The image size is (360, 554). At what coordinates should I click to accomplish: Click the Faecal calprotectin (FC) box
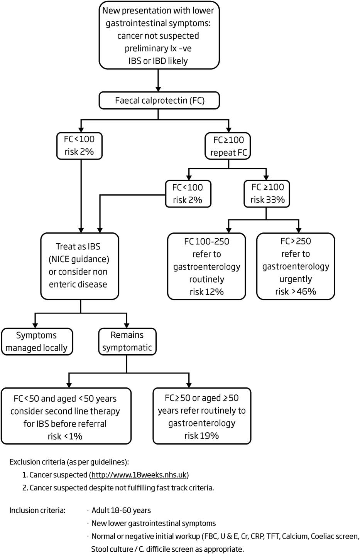tap(159, 101)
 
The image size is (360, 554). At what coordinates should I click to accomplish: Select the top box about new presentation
tap(159, 35)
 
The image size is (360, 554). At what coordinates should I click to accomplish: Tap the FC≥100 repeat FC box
tap(228, 146)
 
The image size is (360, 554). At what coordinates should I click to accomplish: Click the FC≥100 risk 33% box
tap(267, 194)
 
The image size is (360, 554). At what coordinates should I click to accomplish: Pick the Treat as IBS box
tap(79, 266)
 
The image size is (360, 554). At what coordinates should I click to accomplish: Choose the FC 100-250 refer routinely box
tap(206, 266)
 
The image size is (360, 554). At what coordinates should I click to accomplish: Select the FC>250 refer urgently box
tap(296, 266)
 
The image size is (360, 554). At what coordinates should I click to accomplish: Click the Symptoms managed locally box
tap(37, 342)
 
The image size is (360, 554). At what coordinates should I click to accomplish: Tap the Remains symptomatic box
tap(127, 342)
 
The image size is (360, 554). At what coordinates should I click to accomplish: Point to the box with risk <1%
tap(66, 417)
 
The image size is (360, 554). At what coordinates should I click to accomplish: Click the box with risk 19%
tap(201, 416)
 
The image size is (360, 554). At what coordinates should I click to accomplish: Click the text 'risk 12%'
tap(206, 292)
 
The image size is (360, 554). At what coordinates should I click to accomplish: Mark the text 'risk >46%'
tap(296, 291)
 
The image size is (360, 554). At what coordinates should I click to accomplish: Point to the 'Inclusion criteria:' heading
tap(37, 510)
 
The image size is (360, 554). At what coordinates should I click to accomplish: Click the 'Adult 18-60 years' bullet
tap(121, 510)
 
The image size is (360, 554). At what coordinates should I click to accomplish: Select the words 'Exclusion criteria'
tap(37, 462)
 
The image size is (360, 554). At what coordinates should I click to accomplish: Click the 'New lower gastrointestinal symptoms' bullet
tap(153, 523)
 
